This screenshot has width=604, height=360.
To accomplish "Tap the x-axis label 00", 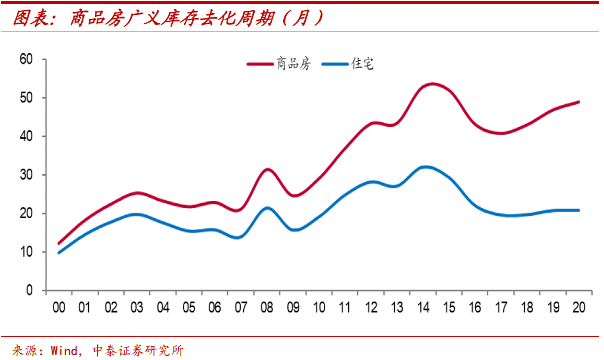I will pyautogui.click(x=58, y=308).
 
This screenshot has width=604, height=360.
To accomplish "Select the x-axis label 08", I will pyautogui.click(x=267, y=308).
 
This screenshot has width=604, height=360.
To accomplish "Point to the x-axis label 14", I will pyautogui.click(x=423, y=308).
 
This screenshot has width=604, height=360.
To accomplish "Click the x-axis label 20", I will pyautogui.click(x=578, y=308).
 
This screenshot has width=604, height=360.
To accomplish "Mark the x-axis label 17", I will pyautogui.click(x=501, y=308).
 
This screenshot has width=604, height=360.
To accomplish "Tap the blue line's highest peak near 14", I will pyautogui.click(x=425, y=167).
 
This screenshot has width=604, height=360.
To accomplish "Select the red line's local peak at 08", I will pyautogui.click(x=268, y=169).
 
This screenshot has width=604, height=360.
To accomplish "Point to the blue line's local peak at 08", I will pyautogui.click(x=268, y=208).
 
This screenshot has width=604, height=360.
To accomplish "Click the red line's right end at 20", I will pyautogui.click(x=578, y=102).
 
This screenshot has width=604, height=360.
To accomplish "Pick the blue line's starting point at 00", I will pyautogui.click(x=58, y=253).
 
